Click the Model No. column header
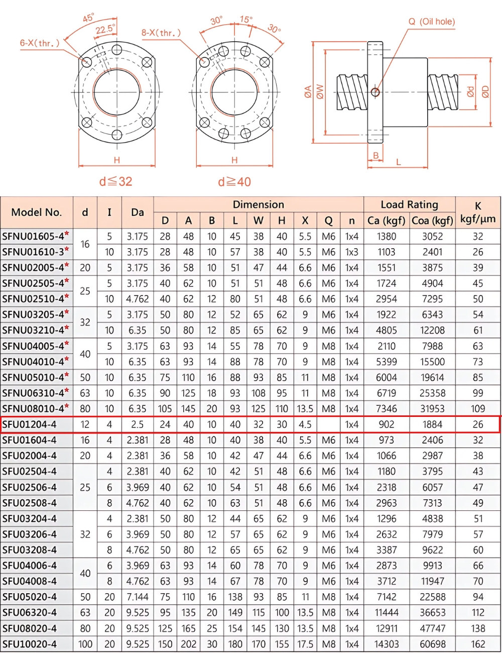point(37,212)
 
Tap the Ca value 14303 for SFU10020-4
point(387,644)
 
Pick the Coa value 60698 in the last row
point(432,644)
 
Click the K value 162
point(478,644)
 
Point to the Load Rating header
point(409,204)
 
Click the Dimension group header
point(258,204)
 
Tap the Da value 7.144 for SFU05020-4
point(138,597)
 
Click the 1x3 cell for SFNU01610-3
point(352,252)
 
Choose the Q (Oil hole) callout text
point(431,22)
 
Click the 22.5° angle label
point(105,29)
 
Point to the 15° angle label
point(246,20)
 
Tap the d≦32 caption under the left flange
point(116,181)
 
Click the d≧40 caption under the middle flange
point(234,181)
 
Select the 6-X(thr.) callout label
point(40,43)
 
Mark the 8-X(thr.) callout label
point(161,33)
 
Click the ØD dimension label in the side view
point(485,92)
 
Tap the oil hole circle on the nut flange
point(375,92)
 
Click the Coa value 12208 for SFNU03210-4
point(432,330)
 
